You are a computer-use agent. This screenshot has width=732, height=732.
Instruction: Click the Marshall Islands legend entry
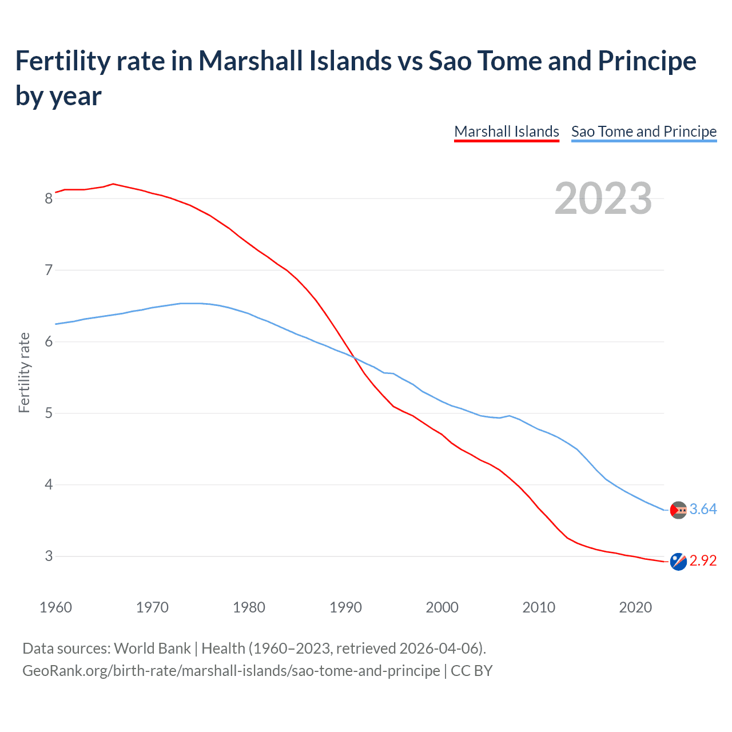[506, 132]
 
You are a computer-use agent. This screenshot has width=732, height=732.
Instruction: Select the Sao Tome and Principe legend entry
[643, 132]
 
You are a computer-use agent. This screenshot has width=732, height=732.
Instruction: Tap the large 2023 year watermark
[603, 198]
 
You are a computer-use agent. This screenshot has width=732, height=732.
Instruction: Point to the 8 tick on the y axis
[49, 198]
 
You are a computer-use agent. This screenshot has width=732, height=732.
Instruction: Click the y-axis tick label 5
[49, 413]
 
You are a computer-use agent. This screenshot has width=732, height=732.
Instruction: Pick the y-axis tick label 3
[49, 556]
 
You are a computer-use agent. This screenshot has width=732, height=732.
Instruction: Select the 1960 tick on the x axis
[55, 607]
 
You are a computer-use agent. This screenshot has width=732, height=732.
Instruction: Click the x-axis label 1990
[345, 607]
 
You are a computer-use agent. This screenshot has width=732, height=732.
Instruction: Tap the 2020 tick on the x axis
[635, 607]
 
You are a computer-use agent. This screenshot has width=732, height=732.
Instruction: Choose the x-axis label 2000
[442, 607]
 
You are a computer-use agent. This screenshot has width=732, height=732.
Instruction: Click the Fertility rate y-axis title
[24, 372]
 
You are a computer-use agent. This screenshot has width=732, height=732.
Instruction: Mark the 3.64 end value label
[703, 509]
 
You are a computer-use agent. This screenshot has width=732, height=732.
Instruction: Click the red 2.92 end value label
[703, 560]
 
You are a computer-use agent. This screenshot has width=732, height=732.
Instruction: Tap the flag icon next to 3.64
[678, 510]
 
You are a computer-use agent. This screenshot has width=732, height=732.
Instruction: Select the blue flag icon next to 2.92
[678, 562]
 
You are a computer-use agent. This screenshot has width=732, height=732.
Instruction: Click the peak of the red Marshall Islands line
[113, 184]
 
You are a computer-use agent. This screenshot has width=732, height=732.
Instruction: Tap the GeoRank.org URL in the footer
[231, 670]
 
